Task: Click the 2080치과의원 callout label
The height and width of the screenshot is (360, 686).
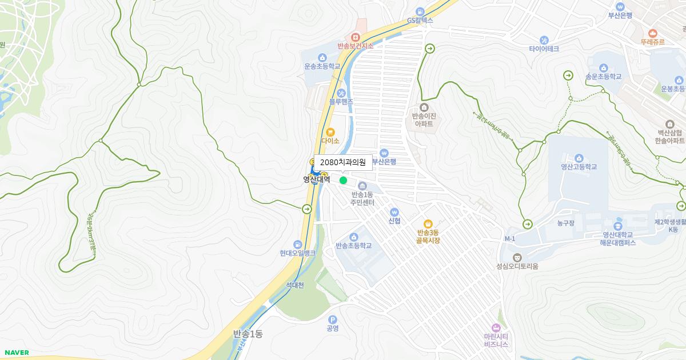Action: (343, 162)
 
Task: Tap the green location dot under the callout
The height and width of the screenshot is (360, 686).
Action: (343, 181)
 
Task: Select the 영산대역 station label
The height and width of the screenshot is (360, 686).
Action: (317, 179)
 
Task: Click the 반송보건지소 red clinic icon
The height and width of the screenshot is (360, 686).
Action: (355, 37)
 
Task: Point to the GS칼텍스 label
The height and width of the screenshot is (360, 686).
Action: (420, 21)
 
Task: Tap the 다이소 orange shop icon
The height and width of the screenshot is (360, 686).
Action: (330, 132)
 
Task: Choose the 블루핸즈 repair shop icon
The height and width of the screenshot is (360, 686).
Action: (341, 93)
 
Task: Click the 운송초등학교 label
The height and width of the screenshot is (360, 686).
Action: (322, 66)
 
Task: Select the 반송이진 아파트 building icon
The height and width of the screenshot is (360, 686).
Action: (424, 107)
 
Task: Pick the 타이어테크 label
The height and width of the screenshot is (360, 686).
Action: (544, 49)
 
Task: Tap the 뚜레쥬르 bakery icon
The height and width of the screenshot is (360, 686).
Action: (652, 33)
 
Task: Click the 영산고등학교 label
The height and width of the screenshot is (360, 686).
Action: (579, 167)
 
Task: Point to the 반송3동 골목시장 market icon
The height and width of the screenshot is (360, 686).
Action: (428, 224)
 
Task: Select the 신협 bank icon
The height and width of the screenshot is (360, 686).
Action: (394, 212)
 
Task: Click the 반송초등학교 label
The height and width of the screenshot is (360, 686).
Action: (353, 246)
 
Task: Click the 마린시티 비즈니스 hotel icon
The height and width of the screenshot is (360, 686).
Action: (496, 327)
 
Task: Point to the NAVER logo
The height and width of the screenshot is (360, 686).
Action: (17, 353)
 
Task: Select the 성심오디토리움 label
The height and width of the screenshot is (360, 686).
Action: (517, 266)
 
